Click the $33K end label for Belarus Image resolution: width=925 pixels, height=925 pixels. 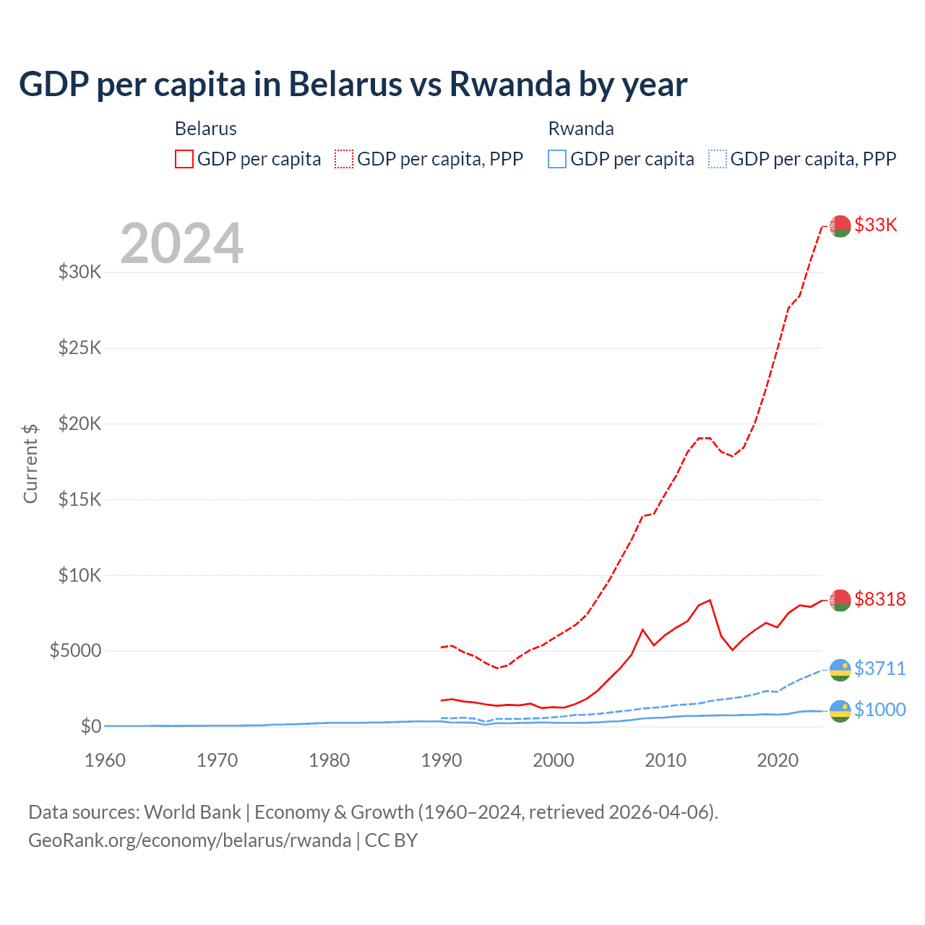tap(875, 225)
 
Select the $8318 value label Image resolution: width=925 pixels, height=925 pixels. tap(879, 599)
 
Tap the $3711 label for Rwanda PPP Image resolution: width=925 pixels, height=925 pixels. tap(879, 668)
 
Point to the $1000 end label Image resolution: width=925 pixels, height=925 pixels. tap(879, 710)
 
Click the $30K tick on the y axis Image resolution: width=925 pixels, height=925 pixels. tap(80, 272)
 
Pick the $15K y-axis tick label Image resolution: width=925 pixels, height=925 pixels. tap(80, 499)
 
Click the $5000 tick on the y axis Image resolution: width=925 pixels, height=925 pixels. tap(75, 650)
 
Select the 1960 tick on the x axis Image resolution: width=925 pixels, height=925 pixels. tap(105, 760)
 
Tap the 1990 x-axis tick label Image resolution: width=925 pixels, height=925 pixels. tap(441, 760)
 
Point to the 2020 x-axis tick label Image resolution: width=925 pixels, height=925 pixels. tap(778, 760)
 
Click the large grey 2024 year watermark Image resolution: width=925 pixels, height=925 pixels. tap(181, 244)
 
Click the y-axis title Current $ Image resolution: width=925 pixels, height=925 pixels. tap(30, 463)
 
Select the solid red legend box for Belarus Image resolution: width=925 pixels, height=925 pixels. tap(184, 159)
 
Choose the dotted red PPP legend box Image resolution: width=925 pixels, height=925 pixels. tap(344, 159)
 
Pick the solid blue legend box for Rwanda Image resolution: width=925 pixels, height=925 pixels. tap(557, 159)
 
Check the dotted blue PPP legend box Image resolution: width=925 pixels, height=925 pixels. tap(717, 159)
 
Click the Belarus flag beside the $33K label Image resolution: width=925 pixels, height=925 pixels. tap(840, 226)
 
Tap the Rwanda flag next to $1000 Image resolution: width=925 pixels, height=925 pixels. tap(840, 711)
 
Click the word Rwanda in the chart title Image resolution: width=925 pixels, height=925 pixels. tap(510, 85)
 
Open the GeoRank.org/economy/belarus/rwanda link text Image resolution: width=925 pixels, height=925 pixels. tap(189, 840)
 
